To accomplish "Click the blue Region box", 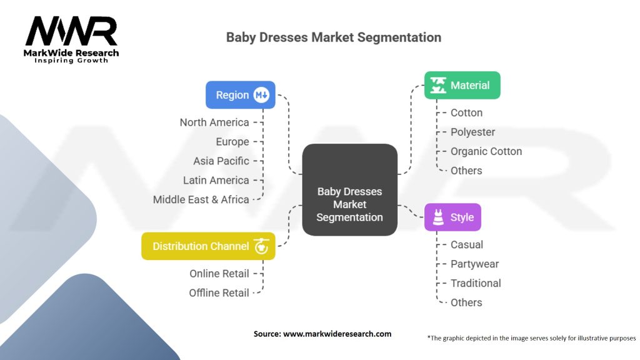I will [241, 95].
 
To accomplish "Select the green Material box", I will [462, 86].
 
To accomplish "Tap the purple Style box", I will [452, 217].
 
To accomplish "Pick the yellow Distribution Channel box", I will [208, 246].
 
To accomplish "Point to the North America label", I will [214, 122].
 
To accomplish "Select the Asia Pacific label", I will [221, 161].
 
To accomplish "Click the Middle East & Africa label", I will [201, 199].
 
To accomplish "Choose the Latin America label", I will [216, 180].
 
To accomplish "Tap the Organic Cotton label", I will [486, 151].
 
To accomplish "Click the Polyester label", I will [472, 132].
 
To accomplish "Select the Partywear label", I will [474, 264].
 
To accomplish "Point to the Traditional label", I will [476, 283].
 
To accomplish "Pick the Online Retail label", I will [219, 273].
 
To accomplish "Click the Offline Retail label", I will [219, 292].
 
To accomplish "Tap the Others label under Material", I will [466, 171].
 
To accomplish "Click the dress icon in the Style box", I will [437, 217].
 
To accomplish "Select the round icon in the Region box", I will [261, 95].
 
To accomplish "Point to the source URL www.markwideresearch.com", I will [337, 334].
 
